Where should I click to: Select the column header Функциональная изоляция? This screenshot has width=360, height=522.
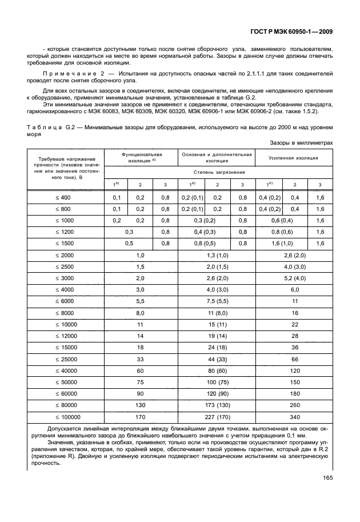point(141,157)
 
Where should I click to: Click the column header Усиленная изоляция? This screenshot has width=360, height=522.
point(295,157)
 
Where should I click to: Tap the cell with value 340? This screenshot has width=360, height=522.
point(295,417)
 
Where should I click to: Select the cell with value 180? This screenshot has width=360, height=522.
point(295,393)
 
